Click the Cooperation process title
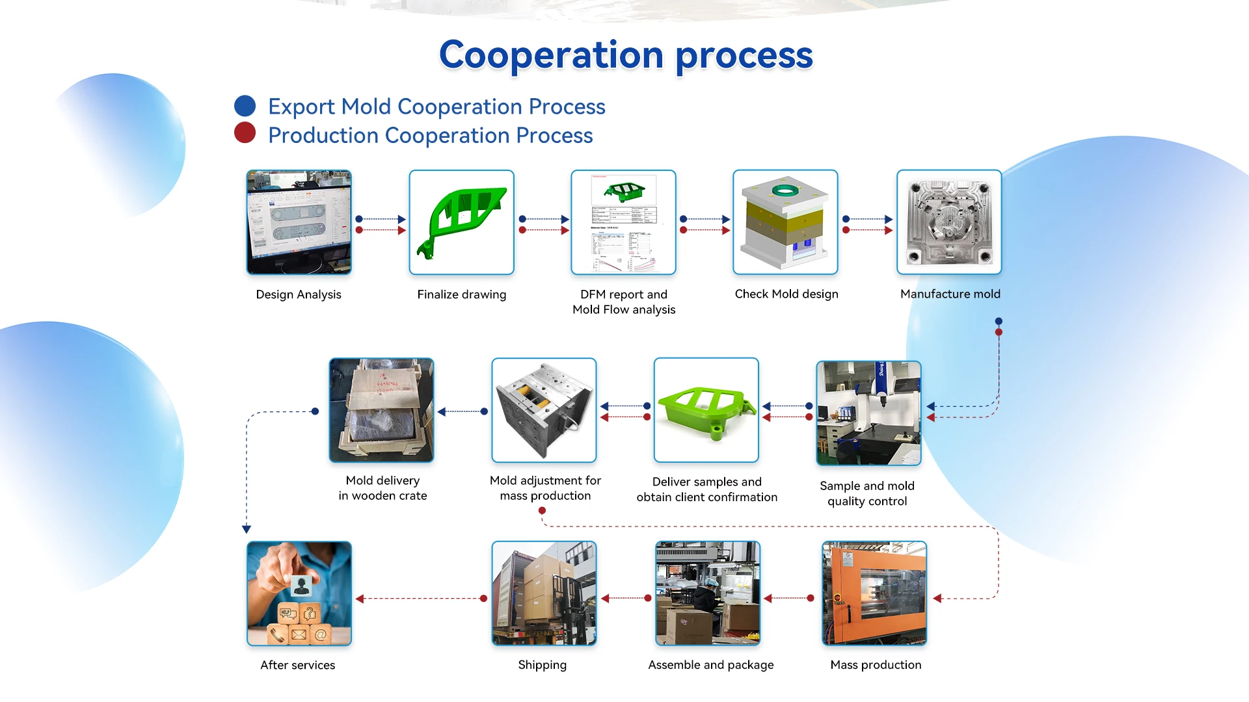coord(626,55)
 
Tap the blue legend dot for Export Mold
coord(245,106)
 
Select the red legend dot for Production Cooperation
coord(245,133)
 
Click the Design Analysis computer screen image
coord(299,222)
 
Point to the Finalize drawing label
coord(462,294)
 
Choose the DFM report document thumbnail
coord(624,222)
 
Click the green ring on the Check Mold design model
coord(785,190)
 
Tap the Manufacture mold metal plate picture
coord(950,222)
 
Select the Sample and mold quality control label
coord(867,493)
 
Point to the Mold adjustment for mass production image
coord(544,410)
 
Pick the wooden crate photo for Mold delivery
coord(382,410)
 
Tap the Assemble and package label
coord(711,665)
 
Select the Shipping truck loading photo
coord(544,593)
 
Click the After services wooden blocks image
coord(299,593)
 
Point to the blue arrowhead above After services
coord(247,530)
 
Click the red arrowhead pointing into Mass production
coord(937,598)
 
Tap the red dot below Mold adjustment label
coord(543,511)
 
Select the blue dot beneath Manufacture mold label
coord(999,321)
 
